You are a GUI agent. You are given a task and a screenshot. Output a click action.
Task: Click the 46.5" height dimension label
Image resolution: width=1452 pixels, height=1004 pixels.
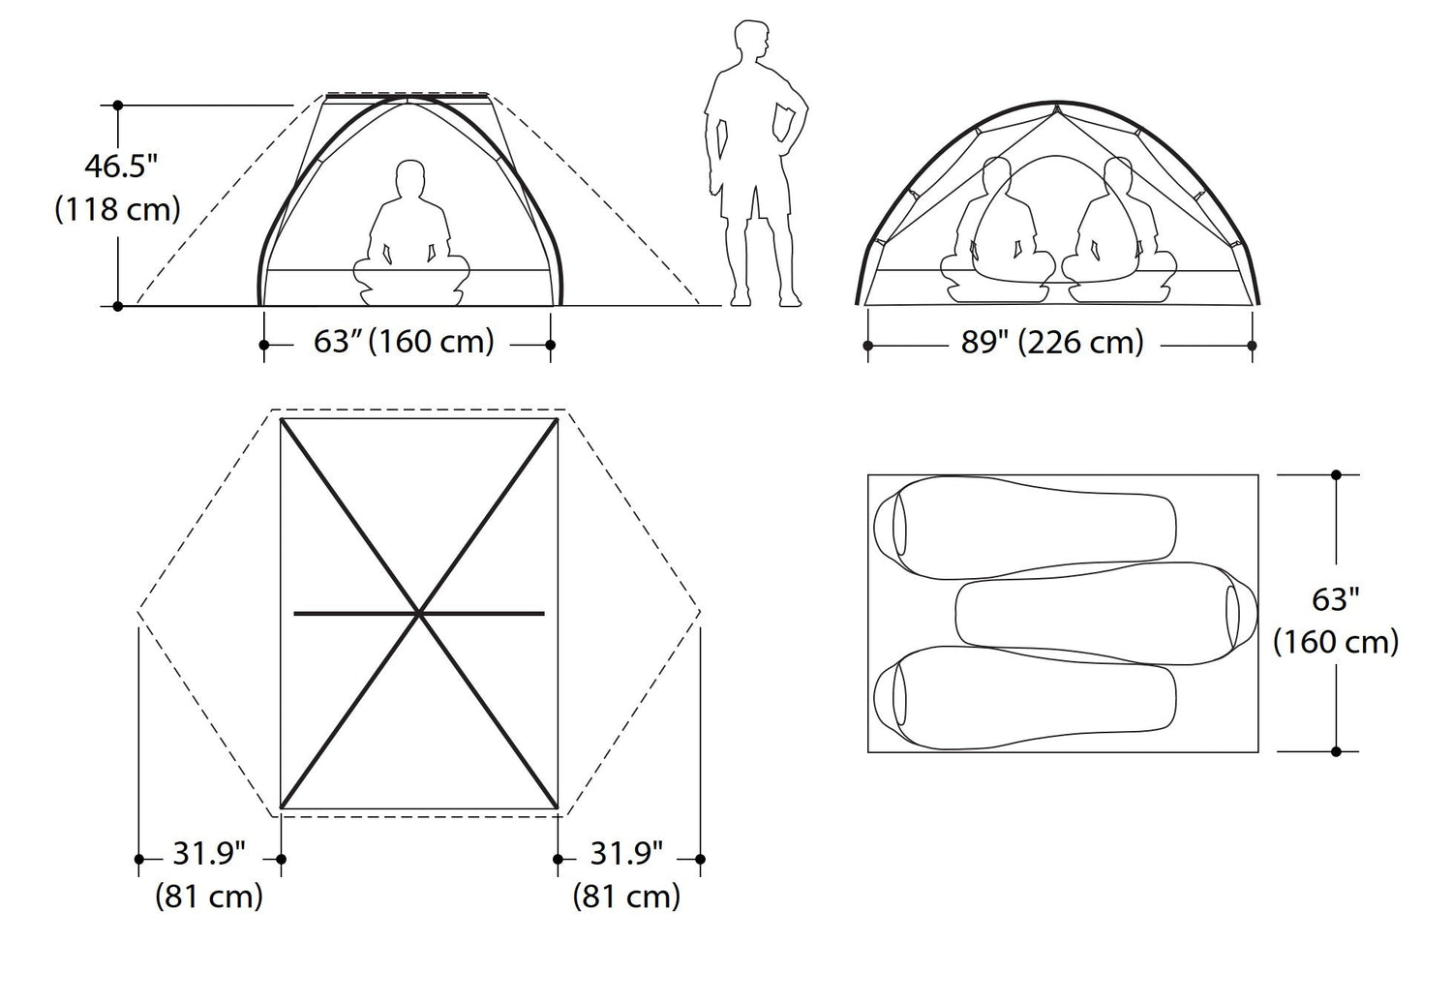(x=121, y=166)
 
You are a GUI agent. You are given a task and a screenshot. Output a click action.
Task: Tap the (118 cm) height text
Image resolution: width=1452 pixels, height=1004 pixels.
(x=118, y=209)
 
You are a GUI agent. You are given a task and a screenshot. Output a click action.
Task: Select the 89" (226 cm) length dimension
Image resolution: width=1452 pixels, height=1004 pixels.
(x=1053, y=342)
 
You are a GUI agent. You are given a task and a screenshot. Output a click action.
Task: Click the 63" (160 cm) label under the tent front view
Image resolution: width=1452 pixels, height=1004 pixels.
(x=404, y=342)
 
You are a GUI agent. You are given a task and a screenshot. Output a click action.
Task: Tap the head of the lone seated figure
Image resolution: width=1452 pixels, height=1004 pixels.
(x=410, y=179)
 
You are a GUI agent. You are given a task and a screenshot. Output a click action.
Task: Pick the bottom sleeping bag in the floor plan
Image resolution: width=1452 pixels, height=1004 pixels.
(x=1024, y=697)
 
